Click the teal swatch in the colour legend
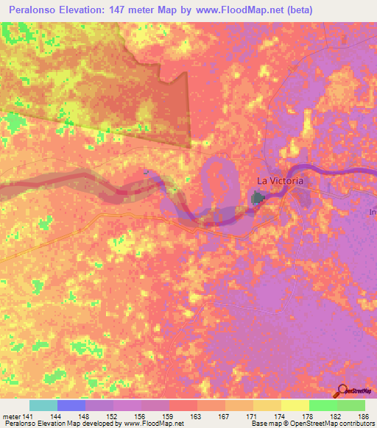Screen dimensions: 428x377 click(43, 405)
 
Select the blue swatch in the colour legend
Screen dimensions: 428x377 click(71, 405)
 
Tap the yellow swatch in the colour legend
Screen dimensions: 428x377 click(295, 405)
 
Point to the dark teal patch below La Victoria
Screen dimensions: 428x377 click(258, 198)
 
